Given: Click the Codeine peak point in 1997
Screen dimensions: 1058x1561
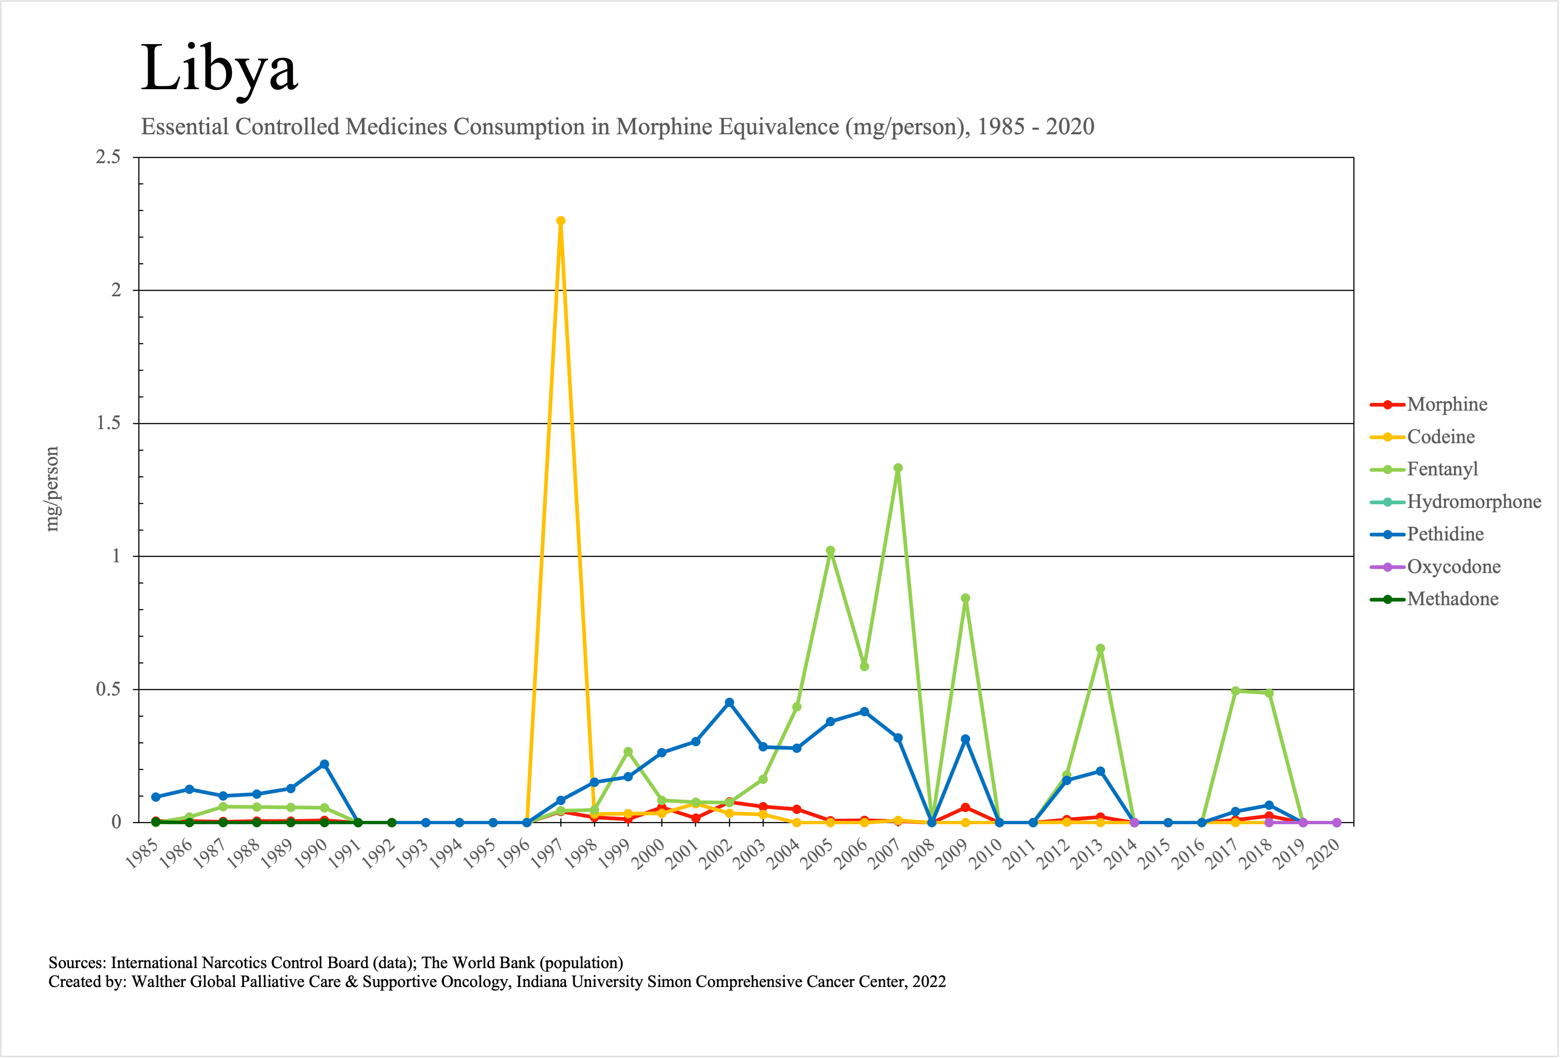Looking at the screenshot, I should coord(561,221).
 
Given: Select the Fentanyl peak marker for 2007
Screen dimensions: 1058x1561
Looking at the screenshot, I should coord(898,468).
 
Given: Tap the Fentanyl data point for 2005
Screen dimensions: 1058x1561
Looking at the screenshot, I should coord(830,551).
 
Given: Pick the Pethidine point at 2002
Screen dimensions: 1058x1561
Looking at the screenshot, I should coord(729,702).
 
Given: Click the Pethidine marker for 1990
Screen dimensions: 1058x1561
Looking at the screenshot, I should coord(324,764).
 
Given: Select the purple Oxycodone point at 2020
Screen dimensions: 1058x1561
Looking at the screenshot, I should coord(1337,822).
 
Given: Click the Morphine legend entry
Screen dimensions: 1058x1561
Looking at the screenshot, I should coord(1447,404).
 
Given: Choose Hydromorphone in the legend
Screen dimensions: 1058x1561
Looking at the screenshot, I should coord(1474,502).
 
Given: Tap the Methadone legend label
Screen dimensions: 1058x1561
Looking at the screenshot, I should coord(1452,599).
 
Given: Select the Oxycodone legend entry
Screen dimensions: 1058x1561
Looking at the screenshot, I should coord(1453,567).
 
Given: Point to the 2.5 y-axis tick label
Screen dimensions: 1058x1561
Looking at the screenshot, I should coord(108,157).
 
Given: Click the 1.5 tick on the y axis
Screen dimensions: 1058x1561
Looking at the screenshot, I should coord(108,423).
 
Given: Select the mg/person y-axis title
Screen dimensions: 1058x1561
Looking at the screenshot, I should coord(52,489).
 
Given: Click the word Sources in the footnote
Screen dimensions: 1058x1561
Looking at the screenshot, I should coord(77,963).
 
